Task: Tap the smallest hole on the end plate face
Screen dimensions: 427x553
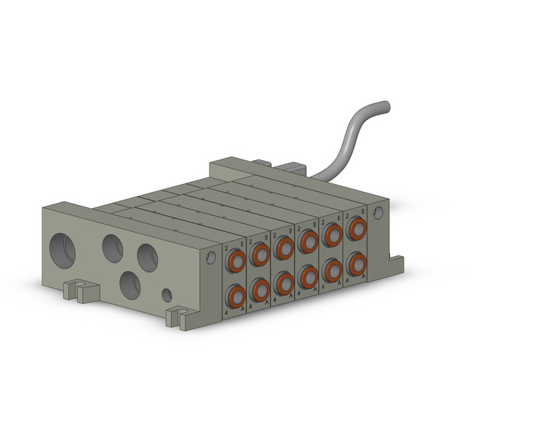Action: (x=167, y=295)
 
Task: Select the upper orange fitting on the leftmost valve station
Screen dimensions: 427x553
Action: (x=236, y=260)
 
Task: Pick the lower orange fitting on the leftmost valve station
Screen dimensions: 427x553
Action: (x=236, y=295)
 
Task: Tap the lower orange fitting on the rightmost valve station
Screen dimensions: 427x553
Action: (x=356, y=262)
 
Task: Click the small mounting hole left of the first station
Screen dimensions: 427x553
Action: (x=211, y=257)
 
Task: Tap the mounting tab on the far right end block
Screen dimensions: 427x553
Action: (x=397, y=256)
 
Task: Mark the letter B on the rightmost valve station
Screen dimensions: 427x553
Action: (x=364, y=212)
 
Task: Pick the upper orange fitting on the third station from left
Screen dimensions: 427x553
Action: (x=284, y=248)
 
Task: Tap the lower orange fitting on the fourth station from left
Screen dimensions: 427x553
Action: (x=308, y=276)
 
